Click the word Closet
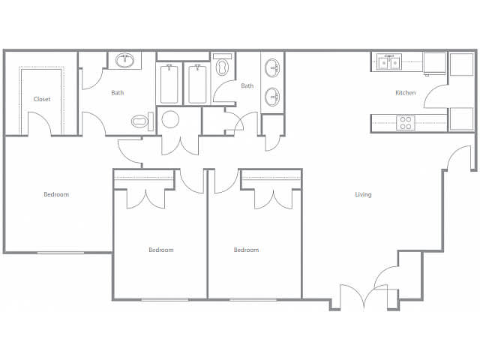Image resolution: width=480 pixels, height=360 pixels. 42,99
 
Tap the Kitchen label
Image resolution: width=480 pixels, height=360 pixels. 405,92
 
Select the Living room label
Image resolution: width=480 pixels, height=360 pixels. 363,194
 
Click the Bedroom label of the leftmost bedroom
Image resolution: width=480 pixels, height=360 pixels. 56,194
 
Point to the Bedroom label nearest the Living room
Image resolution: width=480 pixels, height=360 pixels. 247,250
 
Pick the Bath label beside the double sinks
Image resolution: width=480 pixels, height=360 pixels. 247,85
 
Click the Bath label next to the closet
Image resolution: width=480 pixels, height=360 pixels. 118,92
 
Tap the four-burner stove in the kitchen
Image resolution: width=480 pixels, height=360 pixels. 406,123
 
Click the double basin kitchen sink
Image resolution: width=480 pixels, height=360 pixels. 389,62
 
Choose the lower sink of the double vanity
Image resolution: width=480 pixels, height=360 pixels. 272,97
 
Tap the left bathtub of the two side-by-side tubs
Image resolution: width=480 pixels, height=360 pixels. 169,83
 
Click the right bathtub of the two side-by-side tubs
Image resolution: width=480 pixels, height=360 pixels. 197,83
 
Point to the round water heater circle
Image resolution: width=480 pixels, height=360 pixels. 170,119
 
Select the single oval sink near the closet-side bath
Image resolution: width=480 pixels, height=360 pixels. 124,60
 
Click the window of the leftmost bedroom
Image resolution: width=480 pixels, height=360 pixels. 61,253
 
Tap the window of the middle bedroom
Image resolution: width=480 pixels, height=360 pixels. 165,300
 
